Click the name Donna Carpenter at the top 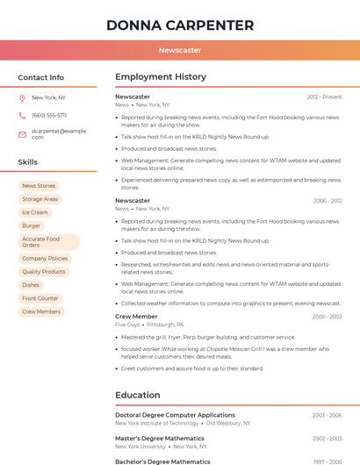(x=180, y=25)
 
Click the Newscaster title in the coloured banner (x=180, y=50)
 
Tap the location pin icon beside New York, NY (x=22, y=97)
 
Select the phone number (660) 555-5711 (x=49, y=115)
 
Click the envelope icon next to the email (x=22, y=133)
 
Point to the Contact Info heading (x=41, y=77)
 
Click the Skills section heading (x=28, y=162)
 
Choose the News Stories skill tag (x=39, y=186)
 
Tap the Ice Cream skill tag (x=35, y=212)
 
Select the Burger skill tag (x=32, y=225)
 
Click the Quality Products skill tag (x=44, y=272)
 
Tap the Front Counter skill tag (x=40, y=298)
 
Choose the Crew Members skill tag (x=41, y=311)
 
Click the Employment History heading (x=161, y=77)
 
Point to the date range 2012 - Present (x=324, y=97)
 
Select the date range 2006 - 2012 (x=328, y=201)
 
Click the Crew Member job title (x=136, y=317)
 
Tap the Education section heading (x=138, y=395)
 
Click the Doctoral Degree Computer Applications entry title (x=175, y=415)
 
